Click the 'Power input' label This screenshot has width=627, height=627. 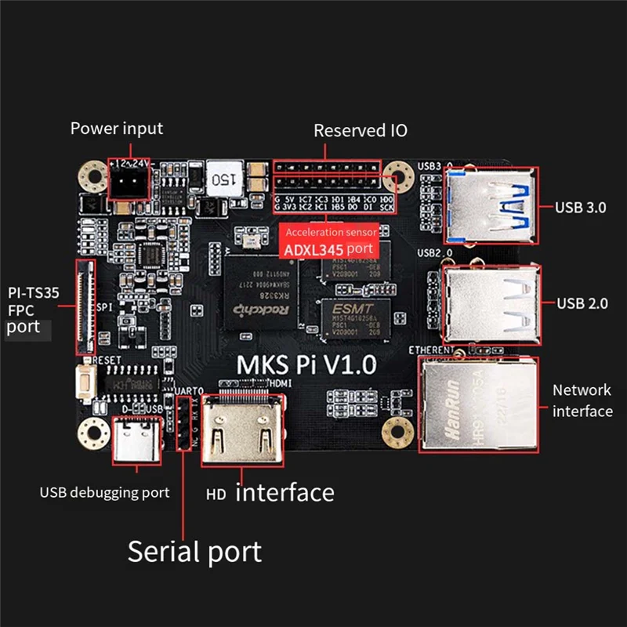click(117, 129)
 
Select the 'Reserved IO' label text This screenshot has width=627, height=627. click(361, 131)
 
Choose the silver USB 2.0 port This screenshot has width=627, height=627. click(491, 303)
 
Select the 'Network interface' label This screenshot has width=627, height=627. click(582, 400)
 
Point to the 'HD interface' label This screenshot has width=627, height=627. click(270, 493)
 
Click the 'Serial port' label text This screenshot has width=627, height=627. click(194, 551)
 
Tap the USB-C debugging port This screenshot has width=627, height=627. click(137, 442)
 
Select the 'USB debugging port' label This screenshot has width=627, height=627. click(104, 493)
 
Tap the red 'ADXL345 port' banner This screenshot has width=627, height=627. click(328, 240)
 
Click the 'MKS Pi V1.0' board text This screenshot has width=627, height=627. click(306, 364)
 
